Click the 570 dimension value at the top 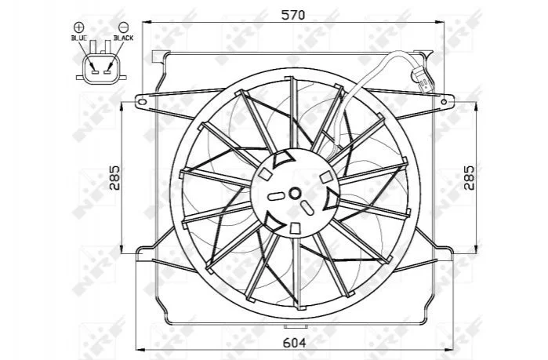click(x=293, y=15)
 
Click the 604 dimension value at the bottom click(x=294, y=343)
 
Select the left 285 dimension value click(x=115, y=178)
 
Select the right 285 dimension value click(x=470, y=178)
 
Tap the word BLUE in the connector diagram click(x=79, y=38)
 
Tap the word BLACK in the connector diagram click(x=123, y=38)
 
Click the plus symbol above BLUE click(x=78, y=27)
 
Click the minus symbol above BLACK click(x=123, y=27)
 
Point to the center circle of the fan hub click(x=295, y=193)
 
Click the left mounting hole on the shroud click(x=142, y=102)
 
